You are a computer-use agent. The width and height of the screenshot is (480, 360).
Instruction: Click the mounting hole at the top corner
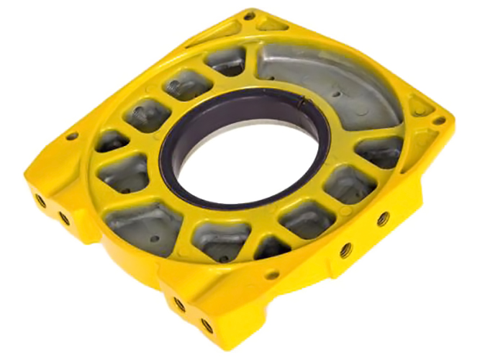(x=249, y=15)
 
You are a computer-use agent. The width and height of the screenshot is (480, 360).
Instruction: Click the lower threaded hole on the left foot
(x=63, y=217)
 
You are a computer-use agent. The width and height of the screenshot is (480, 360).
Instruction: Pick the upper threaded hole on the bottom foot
(x=180, y=305)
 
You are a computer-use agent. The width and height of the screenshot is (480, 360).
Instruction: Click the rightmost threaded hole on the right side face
(x=383, y=217)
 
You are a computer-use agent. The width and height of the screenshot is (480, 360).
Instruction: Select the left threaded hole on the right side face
(x=346, y=250)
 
